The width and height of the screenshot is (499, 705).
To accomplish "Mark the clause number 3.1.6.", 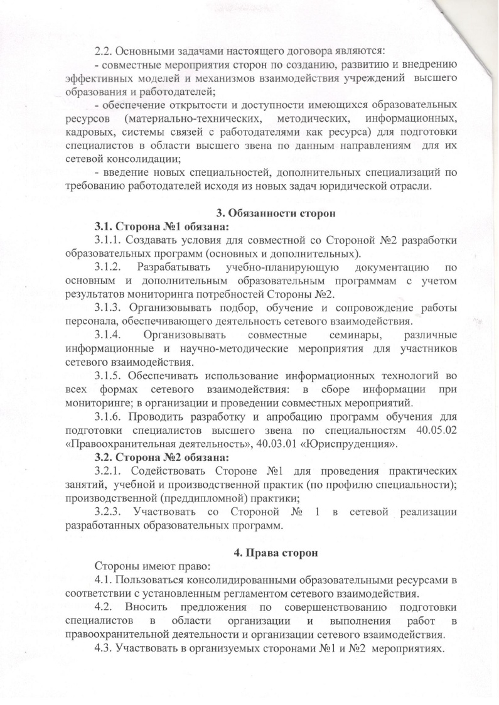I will (111, 417).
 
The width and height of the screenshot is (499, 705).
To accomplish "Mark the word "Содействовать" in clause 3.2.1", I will (168, 470).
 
